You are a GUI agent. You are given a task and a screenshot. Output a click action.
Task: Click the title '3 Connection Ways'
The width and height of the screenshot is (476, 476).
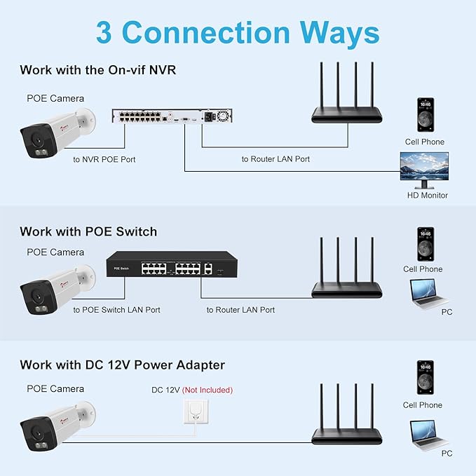[x=238, y=33]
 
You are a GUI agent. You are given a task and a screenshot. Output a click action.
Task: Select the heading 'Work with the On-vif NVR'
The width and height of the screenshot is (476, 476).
[x=97, y=70]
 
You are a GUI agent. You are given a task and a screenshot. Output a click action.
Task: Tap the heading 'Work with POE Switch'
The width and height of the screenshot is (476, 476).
[x=88, y=231]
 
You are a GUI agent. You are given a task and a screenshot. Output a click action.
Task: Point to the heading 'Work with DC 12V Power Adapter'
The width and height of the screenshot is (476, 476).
[x=123, y=365]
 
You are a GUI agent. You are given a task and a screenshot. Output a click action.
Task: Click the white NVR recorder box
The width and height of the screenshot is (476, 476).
[x=172, y=116]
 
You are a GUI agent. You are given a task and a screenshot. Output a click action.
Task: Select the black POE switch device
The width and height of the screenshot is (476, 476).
[x=172, y=264]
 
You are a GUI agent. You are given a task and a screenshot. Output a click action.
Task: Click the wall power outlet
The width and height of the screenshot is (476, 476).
[x=196, y=412]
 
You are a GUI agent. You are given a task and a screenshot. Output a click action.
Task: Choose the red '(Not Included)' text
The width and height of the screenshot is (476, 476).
[x=208, y=390]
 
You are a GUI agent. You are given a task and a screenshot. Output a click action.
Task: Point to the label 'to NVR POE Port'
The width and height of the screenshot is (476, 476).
[x=104, y=159]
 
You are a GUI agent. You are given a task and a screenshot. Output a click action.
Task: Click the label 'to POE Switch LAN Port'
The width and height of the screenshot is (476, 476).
[x=116, y=310]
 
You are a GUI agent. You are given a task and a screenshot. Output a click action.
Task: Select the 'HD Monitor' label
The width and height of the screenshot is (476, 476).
[x=428, y=195]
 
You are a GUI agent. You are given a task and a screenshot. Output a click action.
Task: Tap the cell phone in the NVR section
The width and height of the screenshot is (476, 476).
[x=426, y=115]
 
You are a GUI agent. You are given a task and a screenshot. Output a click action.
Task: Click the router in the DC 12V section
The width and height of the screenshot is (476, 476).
[x=347, y=414]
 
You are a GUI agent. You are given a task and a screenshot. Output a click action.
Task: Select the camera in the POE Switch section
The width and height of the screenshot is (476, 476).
[x=57, y=290]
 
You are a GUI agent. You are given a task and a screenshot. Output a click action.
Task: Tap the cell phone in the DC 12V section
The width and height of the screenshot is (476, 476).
[x=426, y=378]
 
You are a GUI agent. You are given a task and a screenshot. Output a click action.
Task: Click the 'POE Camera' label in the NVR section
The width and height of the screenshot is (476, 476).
[x=55, y=98]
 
